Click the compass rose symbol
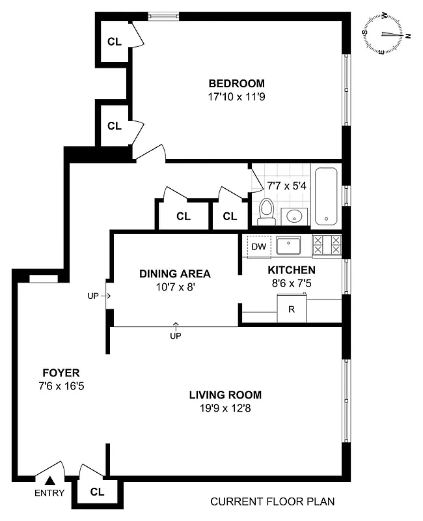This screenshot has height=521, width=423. coord(386,35)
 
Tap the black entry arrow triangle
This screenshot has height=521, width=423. coord(49,481)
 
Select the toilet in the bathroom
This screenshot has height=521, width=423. coord(266,210)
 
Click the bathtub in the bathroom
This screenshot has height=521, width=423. coord(325,196)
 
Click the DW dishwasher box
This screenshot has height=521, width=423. coord(258,246)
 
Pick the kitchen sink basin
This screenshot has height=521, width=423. coord(288,246)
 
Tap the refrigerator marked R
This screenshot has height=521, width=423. coord(292,309)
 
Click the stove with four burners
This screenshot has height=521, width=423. coord(327,245)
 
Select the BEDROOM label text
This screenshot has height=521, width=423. coord(236,83)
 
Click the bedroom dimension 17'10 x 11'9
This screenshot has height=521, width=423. coord(236,96)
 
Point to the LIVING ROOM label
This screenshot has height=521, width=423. coord(225,395)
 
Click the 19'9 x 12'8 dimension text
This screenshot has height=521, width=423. coord(225,408)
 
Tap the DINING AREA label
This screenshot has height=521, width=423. coord(174,274)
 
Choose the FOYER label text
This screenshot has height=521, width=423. coord(61,373)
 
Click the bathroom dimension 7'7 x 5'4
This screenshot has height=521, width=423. coord(287,185)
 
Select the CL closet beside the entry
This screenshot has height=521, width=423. coord(97,492)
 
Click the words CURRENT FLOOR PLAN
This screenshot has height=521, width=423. coord(272,501)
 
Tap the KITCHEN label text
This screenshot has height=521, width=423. coord(292,270)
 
